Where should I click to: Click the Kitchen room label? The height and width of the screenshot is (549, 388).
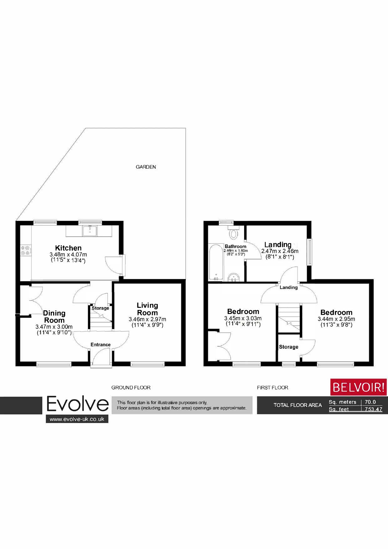68,248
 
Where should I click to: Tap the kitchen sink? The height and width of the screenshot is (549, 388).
90,231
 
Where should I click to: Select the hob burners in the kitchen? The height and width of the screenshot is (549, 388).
25,251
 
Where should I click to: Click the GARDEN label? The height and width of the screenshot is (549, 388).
146,167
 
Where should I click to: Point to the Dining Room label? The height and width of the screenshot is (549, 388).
54,317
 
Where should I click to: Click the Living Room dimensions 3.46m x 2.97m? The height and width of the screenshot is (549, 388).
147,319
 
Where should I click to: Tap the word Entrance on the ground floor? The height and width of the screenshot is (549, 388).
100,345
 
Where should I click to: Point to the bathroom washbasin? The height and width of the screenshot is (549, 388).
234,277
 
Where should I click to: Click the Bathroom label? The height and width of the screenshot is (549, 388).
236,247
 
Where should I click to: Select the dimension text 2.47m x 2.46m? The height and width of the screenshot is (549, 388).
280,251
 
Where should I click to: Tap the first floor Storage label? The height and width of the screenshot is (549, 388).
288,347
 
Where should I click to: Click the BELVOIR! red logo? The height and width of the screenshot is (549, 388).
359,387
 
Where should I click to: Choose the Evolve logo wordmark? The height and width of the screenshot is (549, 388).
78,404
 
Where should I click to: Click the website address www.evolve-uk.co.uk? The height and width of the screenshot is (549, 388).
77,419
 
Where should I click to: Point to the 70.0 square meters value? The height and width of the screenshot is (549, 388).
370,402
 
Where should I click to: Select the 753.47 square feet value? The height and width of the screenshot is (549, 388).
373,409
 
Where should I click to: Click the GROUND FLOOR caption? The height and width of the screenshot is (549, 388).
131,388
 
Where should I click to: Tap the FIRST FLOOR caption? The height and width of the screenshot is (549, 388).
273,388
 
